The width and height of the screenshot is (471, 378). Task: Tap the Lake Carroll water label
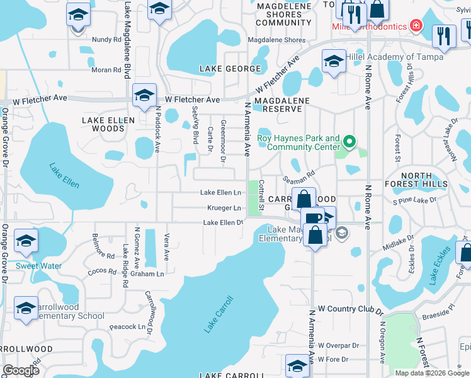point(218,314)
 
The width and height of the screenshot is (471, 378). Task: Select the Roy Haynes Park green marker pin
point(351,142)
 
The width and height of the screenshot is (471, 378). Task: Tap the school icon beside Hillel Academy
point(333,62)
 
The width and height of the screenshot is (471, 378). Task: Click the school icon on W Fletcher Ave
point(145,96)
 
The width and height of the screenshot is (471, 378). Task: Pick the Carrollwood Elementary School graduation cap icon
point(26,309)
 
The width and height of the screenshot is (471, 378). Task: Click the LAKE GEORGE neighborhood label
point(230,68)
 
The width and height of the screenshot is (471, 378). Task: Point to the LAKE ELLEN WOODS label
point(104,123)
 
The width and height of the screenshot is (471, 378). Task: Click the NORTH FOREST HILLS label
point(416,180)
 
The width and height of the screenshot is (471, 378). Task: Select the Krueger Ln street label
point(224,208)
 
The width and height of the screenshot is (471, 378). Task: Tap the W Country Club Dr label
point(351,309)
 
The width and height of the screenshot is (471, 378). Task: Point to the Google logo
point(21,370)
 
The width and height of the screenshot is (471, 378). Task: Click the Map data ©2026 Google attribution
point(432,373)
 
